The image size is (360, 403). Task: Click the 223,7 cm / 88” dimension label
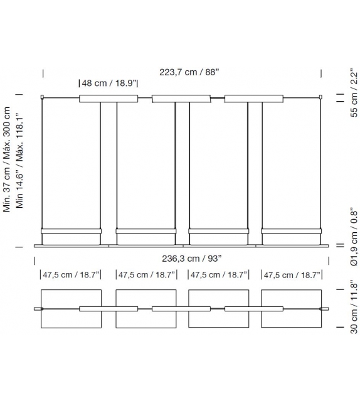pyautogui.click(x=189, y=72)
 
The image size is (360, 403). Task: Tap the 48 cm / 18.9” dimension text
pyautogui.click(x=109, y=83)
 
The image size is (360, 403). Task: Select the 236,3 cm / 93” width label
pyautogui.click(x=191, y=259)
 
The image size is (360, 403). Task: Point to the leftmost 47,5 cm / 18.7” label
pyautogui.click(x=71, y=275)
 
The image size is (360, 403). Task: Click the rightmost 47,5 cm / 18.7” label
pyautogui.click(x=292, y=276)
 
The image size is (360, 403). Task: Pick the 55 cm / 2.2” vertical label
pyautogui.click(x=354, y=93)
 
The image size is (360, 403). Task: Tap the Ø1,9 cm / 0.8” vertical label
pyautogui.click(x=354, y=237)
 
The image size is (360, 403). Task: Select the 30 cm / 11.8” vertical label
pyautogui.click(x=354, y=307)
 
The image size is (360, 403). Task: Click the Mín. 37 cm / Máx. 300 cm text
pyautogui.click(x=6, y=159)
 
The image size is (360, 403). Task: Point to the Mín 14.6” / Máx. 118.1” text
pyautogui.click(x=19, y=161)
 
